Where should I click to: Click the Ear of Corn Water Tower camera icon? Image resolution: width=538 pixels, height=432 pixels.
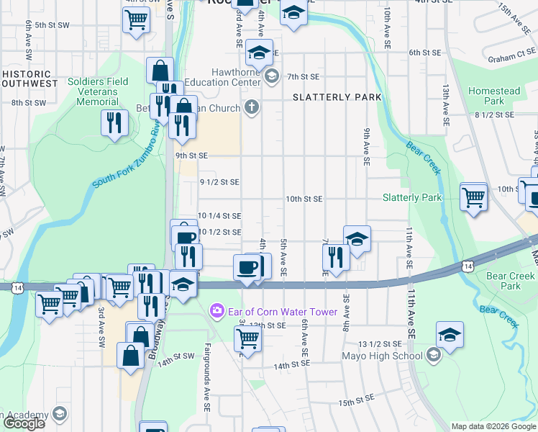[x=216, y=311]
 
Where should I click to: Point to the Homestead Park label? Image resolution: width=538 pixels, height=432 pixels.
[x=494, y=96]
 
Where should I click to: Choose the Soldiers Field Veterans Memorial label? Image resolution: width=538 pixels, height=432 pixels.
[x=98, y=91]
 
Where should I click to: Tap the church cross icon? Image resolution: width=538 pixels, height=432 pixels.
[x=250, y=108]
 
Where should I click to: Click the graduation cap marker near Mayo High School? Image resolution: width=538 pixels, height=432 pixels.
[x=450, y=335]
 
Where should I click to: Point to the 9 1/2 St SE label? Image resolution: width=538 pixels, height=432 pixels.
[x=219, y=182]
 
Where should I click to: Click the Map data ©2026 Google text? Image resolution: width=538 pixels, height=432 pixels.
[x=493, y=426]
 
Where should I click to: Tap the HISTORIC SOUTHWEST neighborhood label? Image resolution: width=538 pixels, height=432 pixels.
[x=29, y=78]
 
